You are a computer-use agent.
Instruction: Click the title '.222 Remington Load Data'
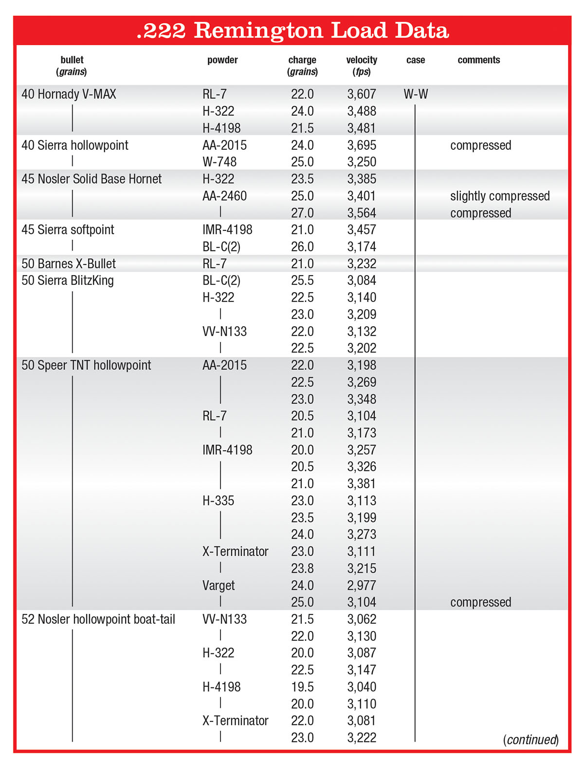(x=292, y=30)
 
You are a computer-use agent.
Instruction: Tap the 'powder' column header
(x=222, y=60)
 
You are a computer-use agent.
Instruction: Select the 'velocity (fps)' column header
(x=362, y=66)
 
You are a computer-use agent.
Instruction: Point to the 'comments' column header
(x=478, y=60)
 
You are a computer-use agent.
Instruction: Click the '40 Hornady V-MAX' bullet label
(x=69, y=94)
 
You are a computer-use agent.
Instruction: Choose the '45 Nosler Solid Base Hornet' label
(x=91, y=179)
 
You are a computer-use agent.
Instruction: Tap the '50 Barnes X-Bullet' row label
(x=69, y=264)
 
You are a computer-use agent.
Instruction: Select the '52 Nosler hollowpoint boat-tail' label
(x=98, y=619)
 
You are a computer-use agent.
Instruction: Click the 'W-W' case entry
(x=416, y=94)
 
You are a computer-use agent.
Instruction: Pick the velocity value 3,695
(x=362, y=145)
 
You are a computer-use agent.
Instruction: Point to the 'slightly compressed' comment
(x=500, y=196)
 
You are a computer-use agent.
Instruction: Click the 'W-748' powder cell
(x=219, y=162)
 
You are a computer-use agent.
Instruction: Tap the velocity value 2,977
(x=362, y=585)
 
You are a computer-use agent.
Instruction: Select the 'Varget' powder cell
(x=219, y=585)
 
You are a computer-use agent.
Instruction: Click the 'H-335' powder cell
(x=218, y=501)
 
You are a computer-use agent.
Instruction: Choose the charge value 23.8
(x=302, y=568)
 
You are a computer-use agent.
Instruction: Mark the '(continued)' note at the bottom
(x=530, y=739)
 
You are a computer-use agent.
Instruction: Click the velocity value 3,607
(x=362, y=94)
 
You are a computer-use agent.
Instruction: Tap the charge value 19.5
(x=302, y=687)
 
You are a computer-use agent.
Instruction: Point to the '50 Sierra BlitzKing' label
(x=68, y=280)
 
